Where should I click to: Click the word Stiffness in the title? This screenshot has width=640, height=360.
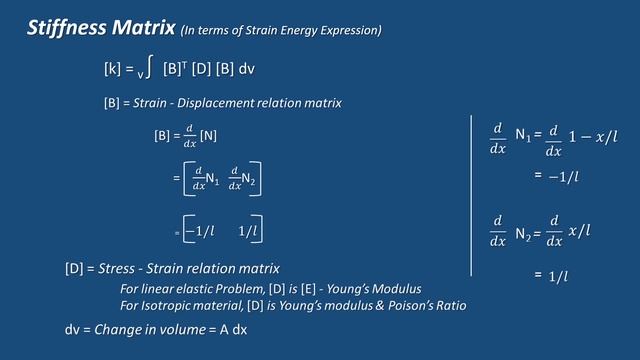click(63, 30)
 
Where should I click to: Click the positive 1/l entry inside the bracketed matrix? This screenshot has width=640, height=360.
click(249, 231)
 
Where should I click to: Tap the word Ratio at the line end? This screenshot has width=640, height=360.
click(445, 304)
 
